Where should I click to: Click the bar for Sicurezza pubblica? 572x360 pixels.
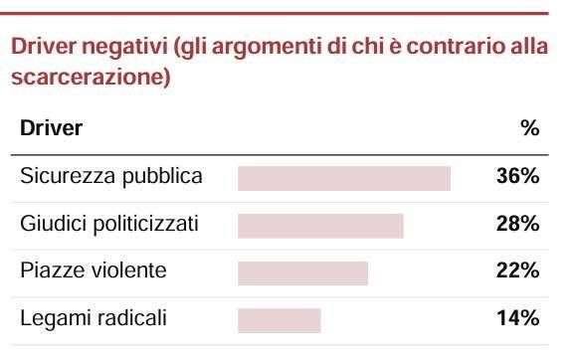click(344, 178)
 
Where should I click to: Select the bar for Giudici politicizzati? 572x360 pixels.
click(320, 226)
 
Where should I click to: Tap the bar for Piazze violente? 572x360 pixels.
click(302, 273)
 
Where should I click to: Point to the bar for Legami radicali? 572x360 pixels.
click(280, 320)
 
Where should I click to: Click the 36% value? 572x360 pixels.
click(517, 176)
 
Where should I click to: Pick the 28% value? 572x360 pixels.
click(517, 223)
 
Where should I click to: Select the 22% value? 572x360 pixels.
click(517, 270)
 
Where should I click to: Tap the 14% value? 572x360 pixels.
click(518, 317)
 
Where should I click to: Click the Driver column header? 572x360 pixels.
click(51, 128)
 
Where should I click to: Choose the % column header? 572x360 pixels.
click(530, 128)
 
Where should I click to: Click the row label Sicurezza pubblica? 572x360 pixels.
click(111, 177)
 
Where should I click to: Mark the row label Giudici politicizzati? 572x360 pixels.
click(109, 224)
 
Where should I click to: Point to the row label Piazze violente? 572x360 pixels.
click(94, 270)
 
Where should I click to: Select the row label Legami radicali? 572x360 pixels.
click(94, 318)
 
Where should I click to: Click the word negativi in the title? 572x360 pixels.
click(124, 47)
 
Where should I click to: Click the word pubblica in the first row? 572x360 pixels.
click(162, 177)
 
